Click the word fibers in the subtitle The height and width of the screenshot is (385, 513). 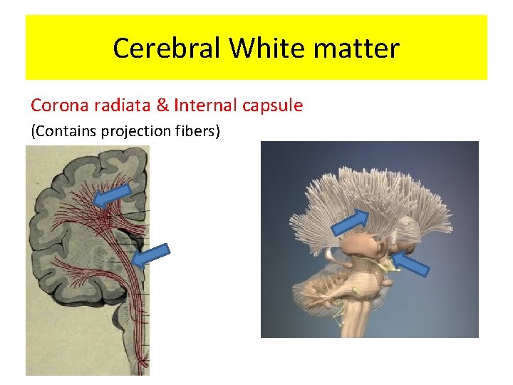pyautogui.click(x=197, y=130)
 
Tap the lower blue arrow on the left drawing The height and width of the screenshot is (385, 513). pyautogui.click(x=152, y=254)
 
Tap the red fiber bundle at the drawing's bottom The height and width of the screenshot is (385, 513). pyautogui.click(x=133, y=342)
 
